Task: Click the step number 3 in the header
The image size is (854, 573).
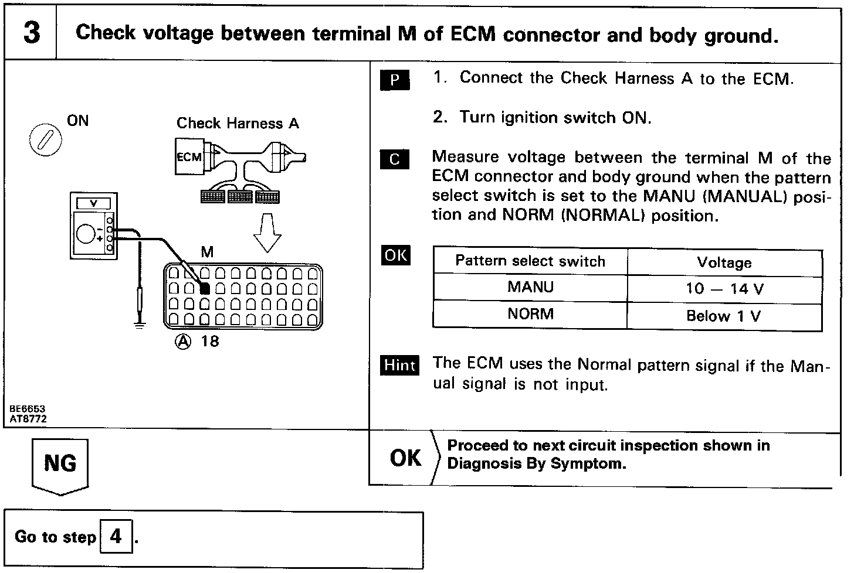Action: point(32,33)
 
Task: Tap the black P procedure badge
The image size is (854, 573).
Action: point(395,80)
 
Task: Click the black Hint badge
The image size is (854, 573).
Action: point(399,365)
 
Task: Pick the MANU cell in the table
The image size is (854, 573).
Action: point(530,288)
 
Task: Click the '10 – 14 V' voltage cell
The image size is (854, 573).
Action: point(724,289)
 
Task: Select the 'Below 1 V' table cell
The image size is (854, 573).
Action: point(724,316)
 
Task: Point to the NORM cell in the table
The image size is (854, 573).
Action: point(530,314)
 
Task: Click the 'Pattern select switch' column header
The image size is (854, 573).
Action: point(530,261)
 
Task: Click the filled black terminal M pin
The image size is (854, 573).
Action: point(205,288)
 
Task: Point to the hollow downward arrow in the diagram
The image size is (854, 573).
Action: point(267,232)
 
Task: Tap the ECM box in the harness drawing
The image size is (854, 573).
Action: point(189,156)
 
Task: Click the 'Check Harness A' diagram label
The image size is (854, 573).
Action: point(238,124)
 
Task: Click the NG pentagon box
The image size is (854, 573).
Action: point(60,465)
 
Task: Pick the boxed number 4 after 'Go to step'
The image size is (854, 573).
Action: point(116,536)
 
